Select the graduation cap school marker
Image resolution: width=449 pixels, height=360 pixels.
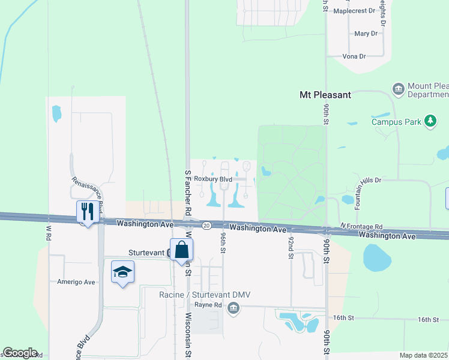(x=123, y=272)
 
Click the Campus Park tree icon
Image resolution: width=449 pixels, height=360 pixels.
(x=430, y=121)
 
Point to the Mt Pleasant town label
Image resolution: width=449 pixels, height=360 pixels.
(x=325, y=95)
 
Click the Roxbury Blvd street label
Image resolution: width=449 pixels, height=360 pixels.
(x=213, y=179)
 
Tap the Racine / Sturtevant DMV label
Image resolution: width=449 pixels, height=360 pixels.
(x=204, y=295)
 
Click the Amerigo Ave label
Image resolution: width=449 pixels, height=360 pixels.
(x=76, y=282)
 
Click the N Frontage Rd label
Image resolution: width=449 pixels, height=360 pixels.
(x=361, y=226)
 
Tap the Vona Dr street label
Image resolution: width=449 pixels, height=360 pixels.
(x=354, y=56)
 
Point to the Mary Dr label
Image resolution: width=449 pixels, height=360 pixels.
(x=366, y=34)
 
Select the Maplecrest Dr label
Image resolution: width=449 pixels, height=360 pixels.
(x=354, y=11)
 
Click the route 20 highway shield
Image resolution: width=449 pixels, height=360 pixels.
(x=206, y=226)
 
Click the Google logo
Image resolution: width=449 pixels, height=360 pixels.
(x=20, y=353)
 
